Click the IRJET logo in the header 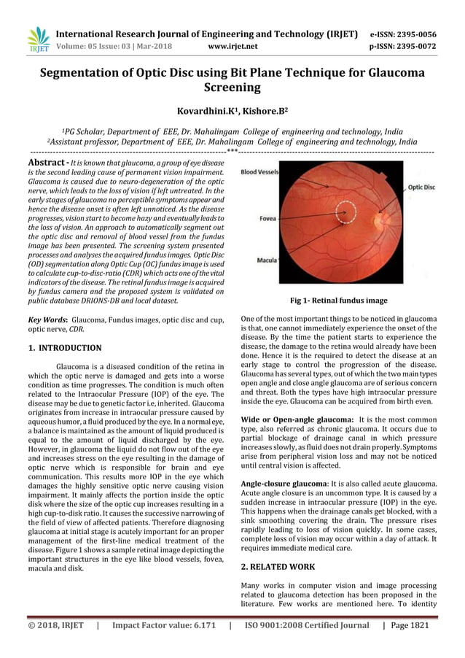tap(38, 39)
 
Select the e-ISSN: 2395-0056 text tap(403, 34)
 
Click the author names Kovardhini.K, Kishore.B tap(232, 111)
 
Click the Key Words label tap(47, 320)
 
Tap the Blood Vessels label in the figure tap(259, 172)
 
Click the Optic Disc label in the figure tap(421, 187)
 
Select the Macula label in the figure tap(266, 260)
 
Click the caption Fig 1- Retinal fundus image tap(338, 301)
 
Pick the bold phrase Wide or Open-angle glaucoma tap(297, 420)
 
